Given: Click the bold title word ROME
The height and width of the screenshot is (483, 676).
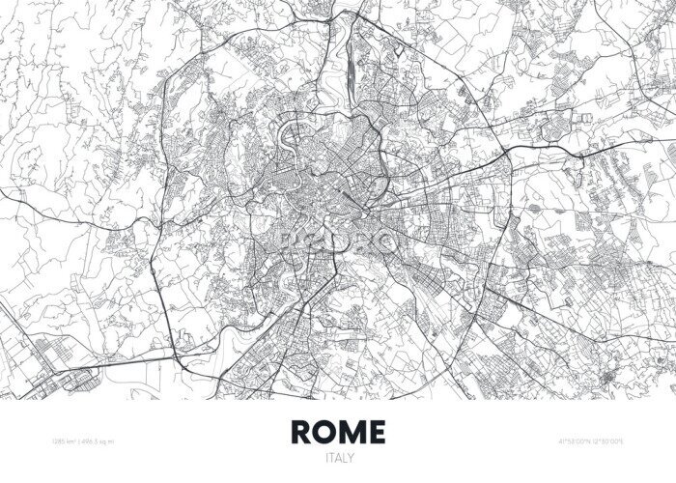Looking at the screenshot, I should (x=338, y=430).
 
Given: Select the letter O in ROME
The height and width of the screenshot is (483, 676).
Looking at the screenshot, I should (x=324, y=430).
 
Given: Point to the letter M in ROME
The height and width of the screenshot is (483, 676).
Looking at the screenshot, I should (x=351, y=430).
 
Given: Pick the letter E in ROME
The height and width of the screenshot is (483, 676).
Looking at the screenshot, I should (x=376, y=430).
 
